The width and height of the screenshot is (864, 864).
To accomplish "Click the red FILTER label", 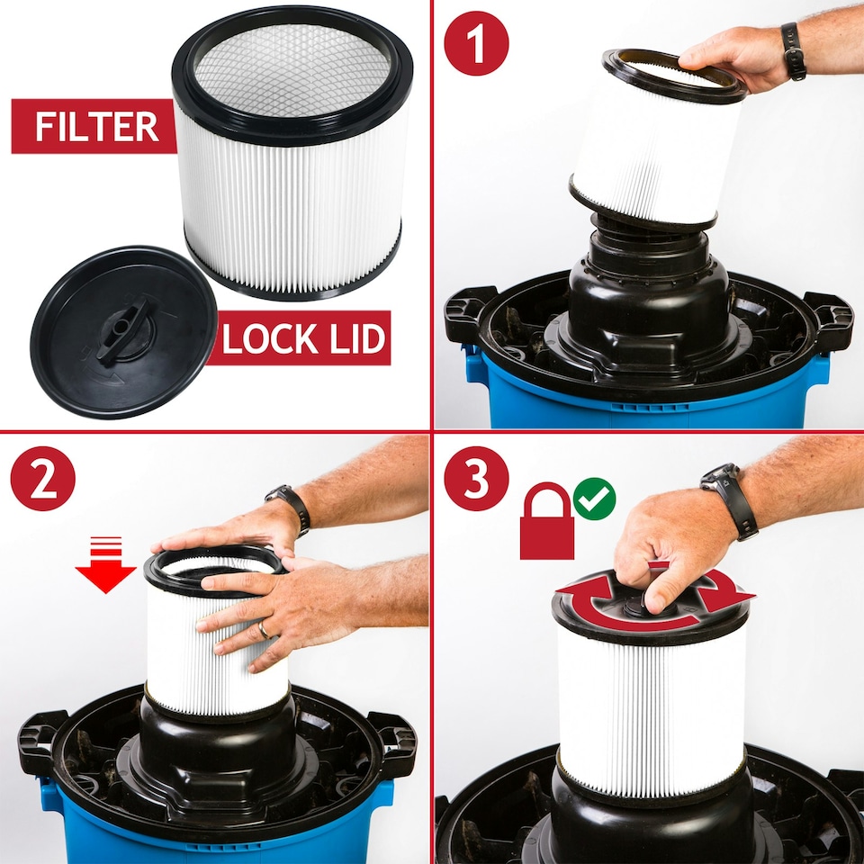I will tap(85, 127).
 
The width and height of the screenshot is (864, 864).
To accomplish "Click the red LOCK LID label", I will tap(303, 339).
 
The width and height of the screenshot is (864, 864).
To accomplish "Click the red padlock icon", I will tap(546, 523).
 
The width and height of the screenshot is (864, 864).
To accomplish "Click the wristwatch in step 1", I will tap(793, 51).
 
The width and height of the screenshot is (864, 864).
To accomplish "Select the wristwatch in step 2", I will tap(290, 508).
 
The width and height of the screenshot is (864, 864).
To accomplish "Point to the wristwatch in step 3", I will tap(729, 499).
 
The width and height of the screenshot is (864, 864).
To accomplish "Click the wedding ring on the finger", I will tap(264, 631).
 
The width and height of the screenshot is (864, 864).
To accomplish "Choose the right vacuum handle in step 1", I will tap(829, 319).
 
